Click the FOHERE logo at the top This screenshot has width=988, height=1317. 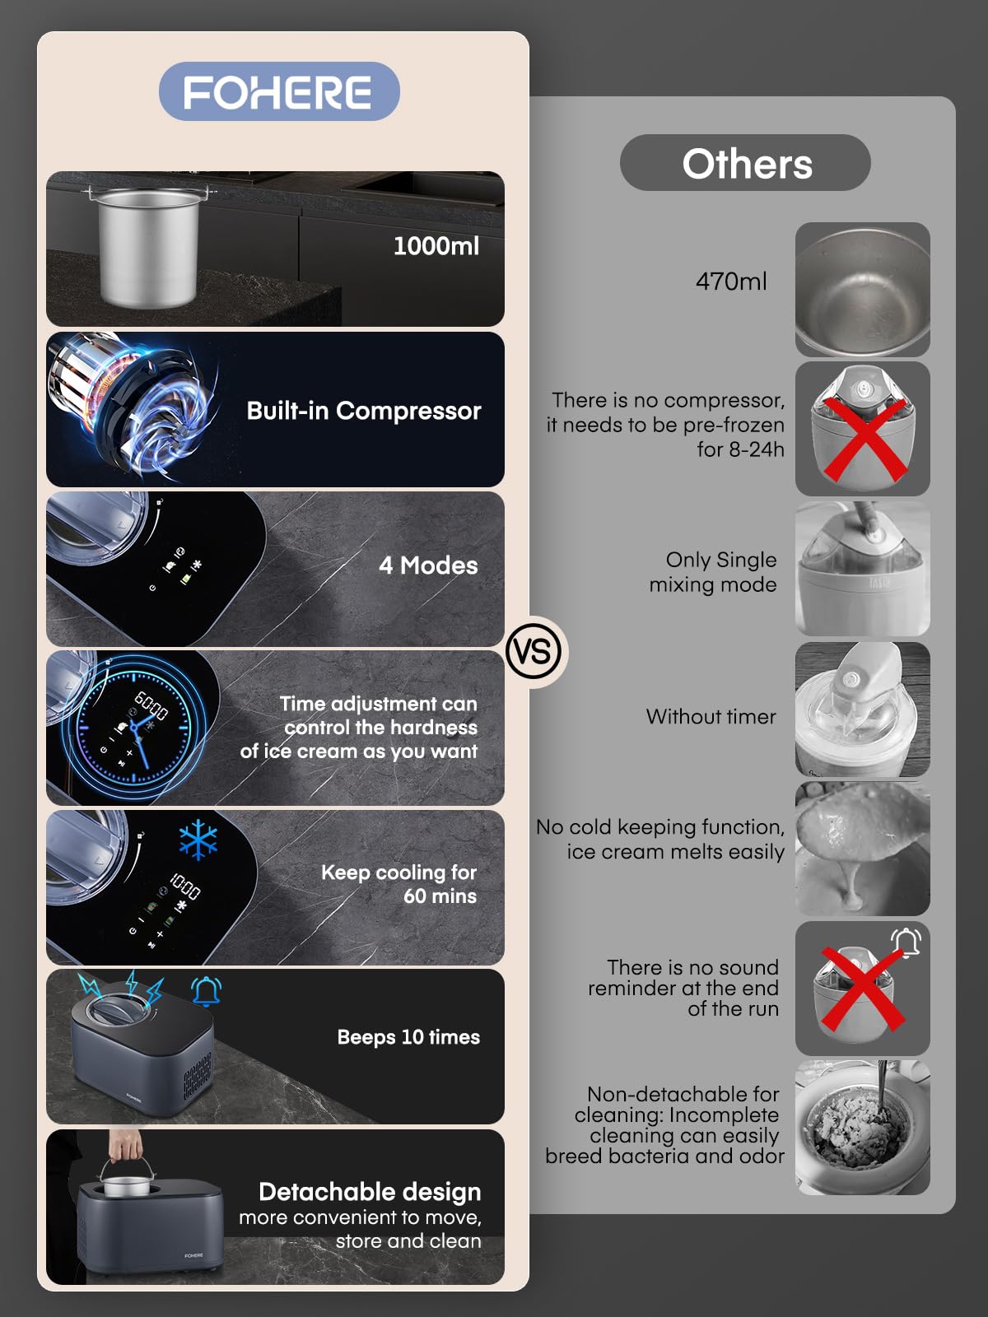(279, 92)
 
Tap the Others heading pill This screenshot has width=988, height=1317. (745, 163)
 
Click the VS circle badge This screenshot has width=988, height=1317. (534, 652)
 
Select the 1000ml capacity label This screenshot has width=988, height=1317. (436, 246)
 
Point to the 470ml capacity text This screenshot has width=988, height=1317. (730, 282)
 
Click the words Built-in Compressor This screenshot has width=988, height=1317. (364, 411)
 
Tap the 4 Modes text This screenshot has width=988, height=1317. (428, 565)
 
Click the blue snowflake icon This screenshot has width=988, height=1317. (198, 839)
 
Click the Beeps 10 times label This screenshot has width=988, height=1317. (408, 1037)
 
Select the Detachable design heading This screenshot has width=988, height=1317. (370, 1192)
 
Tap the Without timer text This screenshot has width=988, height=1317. (711, 716)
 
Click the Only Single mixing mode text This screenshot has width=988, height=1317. (713, 572)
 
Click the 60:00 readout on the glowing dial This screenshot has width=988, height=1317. (151, 705)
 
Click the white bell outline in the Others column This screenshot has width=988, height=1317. (906, 942)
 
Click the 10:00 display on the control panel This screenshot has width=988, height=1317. (184, 887)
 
